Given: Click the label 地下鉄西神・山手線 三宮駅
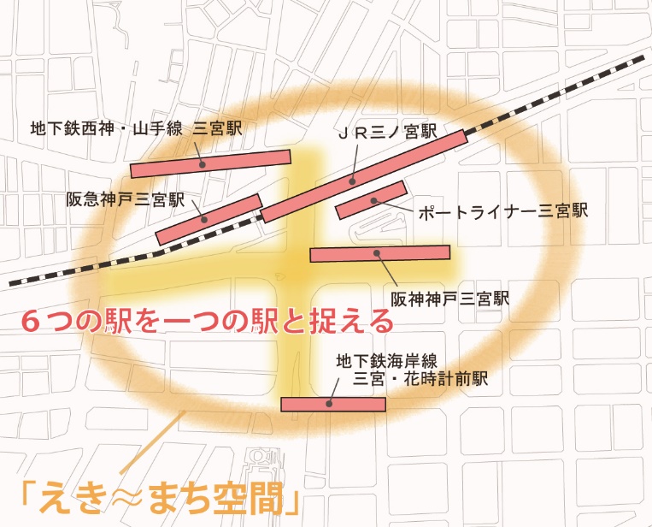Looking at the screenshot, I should click(136, 128).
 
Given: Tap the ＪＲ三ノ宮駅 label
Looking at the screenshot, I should click(386, 133).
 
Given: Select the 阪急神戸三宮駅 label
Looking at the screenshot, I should click(126, 199).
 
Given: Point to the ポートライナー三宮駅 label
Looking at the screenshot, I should click(502, 211).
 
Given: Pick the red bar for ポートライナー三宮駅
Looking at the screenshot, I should click(370, 199).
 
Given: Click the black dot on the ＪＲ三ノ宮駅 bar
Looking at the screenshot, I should click(353, 181).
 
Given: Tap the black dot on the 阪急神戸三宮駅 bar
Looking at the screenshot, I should click(205, 218).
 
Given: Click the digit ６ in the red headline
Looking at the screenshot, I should click(32, 321).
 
